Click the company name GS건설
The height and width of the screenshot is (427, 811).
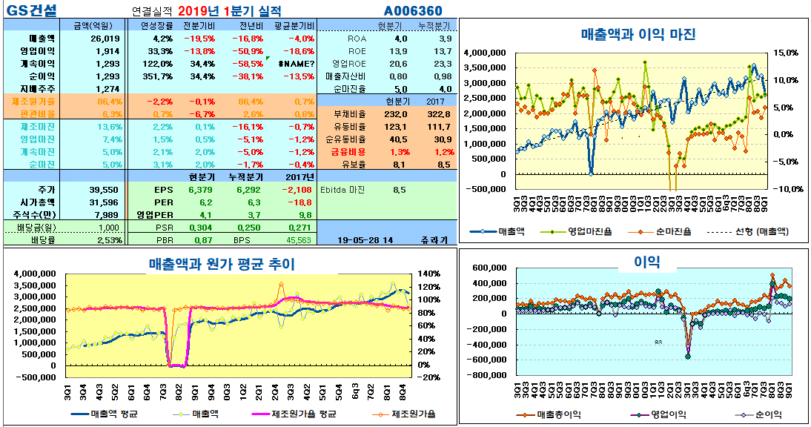tap(30, 10)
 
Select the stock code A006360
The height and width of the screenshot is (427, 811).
tap(413, 10)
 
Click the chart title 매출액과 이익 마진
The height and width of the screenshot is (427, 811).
tap(638, 35)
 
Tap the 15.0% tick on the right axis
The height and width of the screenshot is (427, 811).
tap(786, 53)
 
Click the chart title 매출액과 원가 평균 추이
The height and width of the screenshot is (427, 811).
tap(222, 264)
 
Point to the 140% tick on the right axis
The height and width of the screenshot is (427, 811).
tap(431, 274)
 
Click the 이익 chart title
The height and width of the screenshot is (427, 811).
tap(646, 261)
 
